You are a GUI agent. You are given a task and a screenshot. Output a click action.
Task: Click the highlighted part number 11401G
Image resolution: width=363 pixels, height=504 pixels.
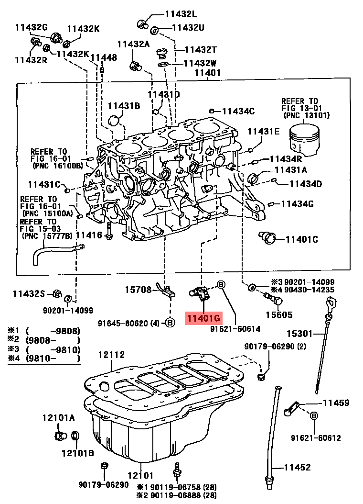204,318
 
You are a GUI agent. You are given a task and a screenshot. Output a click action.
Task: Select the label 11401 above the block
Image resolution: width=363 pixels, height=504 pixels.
207,73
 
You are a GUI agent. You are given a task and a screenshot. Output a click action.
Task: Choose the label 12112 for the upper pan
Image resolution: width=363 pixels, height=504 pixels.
111,355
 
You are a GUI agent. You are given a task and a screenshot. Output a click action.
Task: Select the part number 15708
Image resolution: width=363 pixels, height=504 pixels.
139,290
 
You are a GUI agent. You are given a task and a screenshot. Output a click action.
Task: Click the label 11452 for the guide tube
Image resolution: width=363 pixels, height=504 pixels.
297,468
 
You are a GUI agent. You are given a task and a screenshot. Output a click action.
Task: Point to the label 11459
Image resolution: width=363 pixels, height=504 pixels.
336,403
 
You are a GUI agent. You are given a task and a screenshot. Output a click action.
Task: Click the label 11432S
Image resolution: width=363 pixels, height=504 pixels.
29,293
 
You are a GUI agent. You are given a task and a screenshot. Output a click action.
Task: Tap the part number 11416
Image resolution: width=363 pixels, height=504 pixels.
89,235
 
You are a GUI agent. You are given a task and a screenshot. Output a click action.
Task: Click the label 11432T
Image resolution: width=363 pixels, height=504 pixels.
201,49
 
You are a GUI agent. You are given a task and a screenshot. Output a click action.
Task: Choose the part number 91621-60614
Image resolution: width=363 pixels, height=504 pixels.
235,329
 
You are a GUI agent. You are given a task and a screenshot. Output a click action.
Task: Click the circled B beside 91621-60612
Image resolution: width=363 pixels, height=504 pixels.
314,415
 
